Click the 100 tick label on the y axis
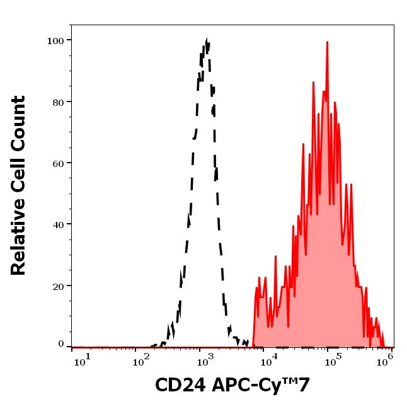point(56,41)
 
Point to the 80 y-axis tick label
point(59,102)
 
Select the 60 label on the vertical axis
point(59,163)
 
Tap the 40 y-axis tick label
point(59,224)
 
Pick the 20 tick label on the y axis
point(59,286)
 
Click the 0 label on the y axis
point(61,344)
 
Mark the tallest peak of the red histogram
point(328,42)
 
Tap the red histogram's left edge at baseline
point(252,346)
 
